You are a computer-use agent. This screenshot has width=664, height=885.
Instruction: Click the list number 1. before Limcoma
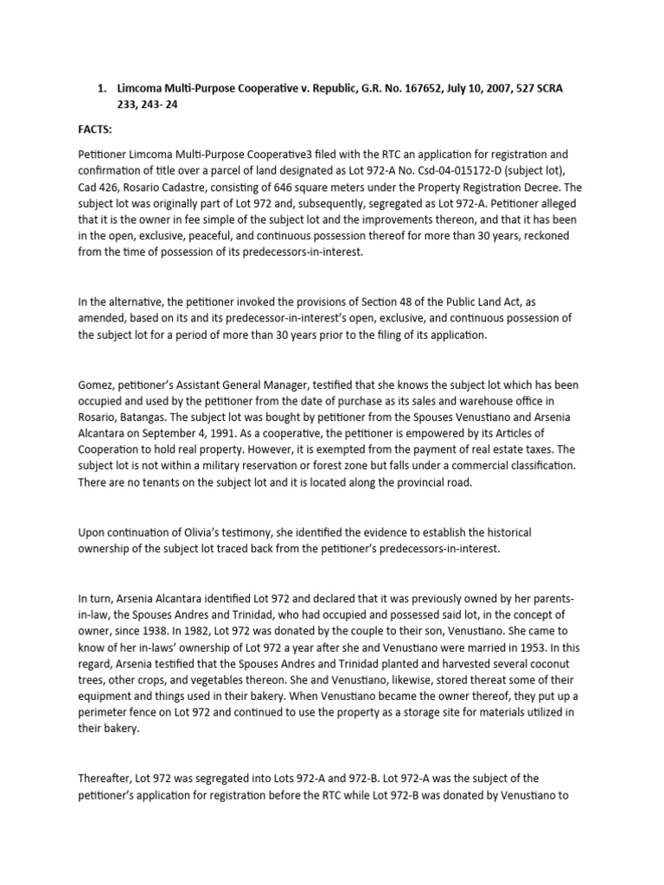tap(101, 88)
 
